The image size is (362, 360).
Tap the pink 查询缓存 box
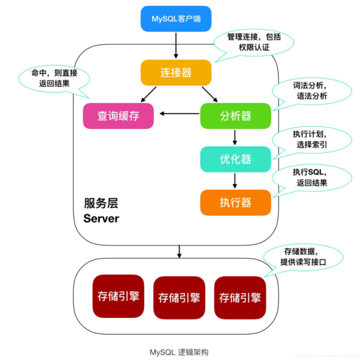click(x=119, y=114)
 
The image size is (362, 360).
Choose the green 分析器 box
click(x=235, y=114)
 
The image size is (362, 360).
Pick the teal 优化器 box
click(x=235, y=158)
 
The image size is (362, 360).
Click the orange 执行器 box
click(x=235, y=201)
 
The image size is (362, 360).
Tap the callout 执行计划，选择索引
click(x=303, y=138)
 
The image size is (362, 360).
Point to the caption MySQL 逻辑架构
click(x=179, y=351)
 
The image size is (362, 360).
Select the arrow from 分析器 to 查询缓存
click(x=180, y=113)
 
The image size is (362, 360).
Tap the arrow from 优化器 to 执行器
click(x=235, y=180)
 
